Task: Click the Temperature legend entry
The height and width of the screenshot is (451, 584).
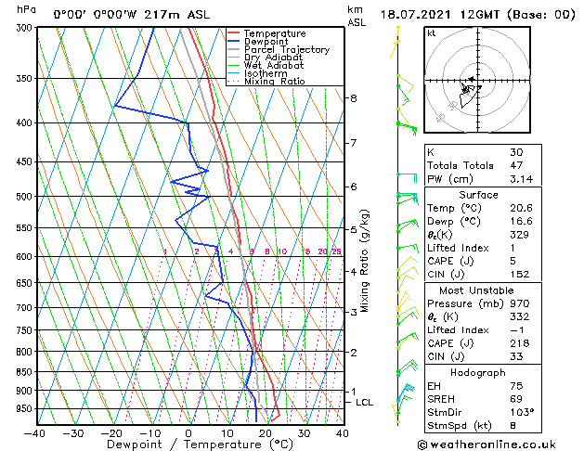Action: tap(274, 33)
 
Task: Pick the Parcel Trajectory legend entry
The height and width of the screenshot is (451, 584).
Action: tap(286, 50)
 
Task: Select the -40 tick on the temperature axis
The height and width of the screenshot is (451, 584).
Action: tap(35, 433)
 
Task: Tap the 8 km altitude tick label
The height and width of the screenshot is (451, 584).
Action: tap(353, 98)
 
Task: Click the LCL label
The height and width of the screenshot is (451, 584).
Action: tap(364, 402)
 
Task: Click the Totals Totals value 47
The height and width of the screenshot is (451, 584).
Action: tap(516, 165)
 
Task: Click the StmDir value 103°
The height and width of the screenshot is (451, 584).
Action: tap(521, 412)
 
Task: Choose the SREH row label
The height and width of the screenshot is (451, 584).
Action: tap(441, 398)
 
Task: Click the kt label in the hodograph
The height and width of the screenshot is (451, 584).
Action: tap(431, 33)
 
